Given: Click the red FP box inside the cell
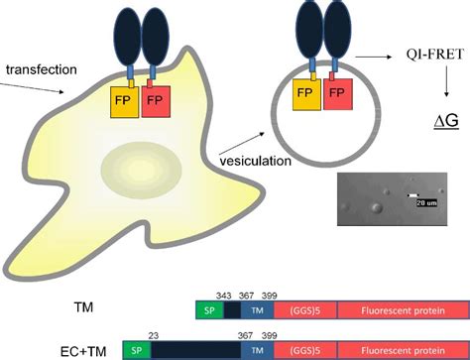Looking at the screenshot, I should pyautogui.click(x=159, y=102).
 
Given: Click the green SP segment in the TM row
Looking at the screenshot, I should pyautogui.click(x=209, y=310).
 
